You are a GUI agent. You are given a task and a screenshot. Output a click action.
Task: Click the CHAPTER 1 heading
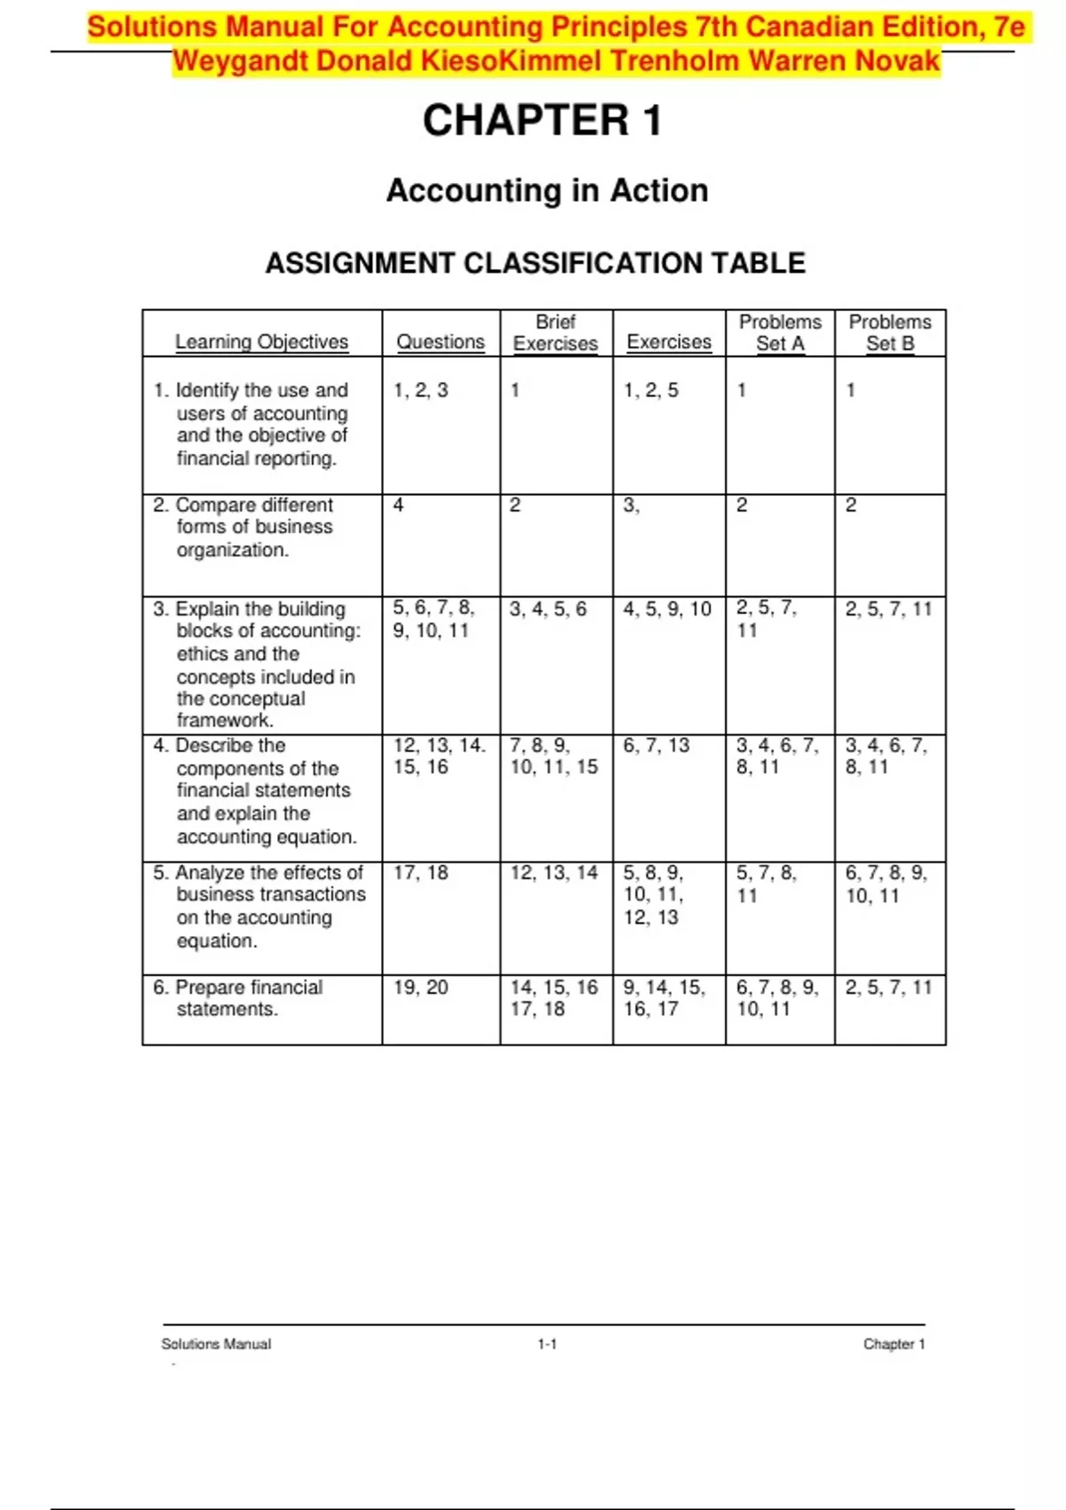click(x=542, y=121)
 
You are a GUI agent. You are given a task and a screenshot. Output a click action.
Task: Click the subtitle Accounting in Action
click(x=547, y=190)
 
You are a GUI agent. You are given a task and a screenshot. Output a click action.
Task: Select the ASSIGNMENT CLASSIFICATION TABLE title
click(x=536, y=263)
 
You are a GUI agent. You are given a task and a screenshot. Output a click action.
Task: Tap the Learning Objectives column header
click(x=261, y=342)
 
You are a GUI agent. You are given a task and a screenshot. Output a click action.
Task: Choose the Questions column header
click(x=441, y=342)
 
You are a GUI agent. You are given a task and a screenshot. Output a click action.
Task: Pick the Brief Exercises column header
click(x=555, y=333)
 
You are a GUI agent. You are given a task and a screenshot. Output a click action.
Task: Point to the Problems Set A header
click(x=780, y=333)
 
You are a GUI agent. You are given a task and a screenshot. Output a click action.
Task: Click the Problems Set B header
click(x=890, y=333)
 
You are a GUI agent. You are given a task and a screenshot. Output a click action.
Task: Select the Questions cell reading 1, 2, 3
click(x=421, y=390)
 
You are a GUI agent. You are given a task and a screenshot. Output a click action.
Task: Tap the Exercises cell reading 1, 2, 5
click(x=651, y=390)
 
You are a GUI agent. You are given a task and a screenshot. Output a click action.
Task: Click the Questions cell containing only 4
click(x=399, y=505)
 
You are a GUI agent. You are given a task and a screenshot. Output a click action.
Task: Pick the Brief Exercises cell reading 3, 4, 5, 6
click(x=548, y=609)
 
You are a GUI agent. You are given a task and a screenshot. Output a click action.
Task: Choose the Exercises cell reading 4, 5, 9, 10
click(x=667, y=609)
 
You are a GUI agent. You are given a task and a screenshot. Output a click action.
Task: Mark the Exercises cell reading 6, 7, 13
click(x=656, y=746)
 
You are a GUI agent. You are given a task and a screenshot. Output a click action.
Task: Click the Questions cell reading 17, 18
click(x=421, y=873)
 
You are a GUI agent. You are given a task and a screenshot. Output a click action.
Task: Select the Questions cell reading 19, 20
click(x=421, y=988)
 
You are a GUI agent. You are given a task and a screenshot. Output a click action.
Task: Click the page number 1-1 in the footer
click(x=547, y=1345)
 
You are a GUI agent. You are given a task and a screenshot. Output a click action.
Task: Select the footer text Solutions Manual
click(x=216, y=1345)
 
